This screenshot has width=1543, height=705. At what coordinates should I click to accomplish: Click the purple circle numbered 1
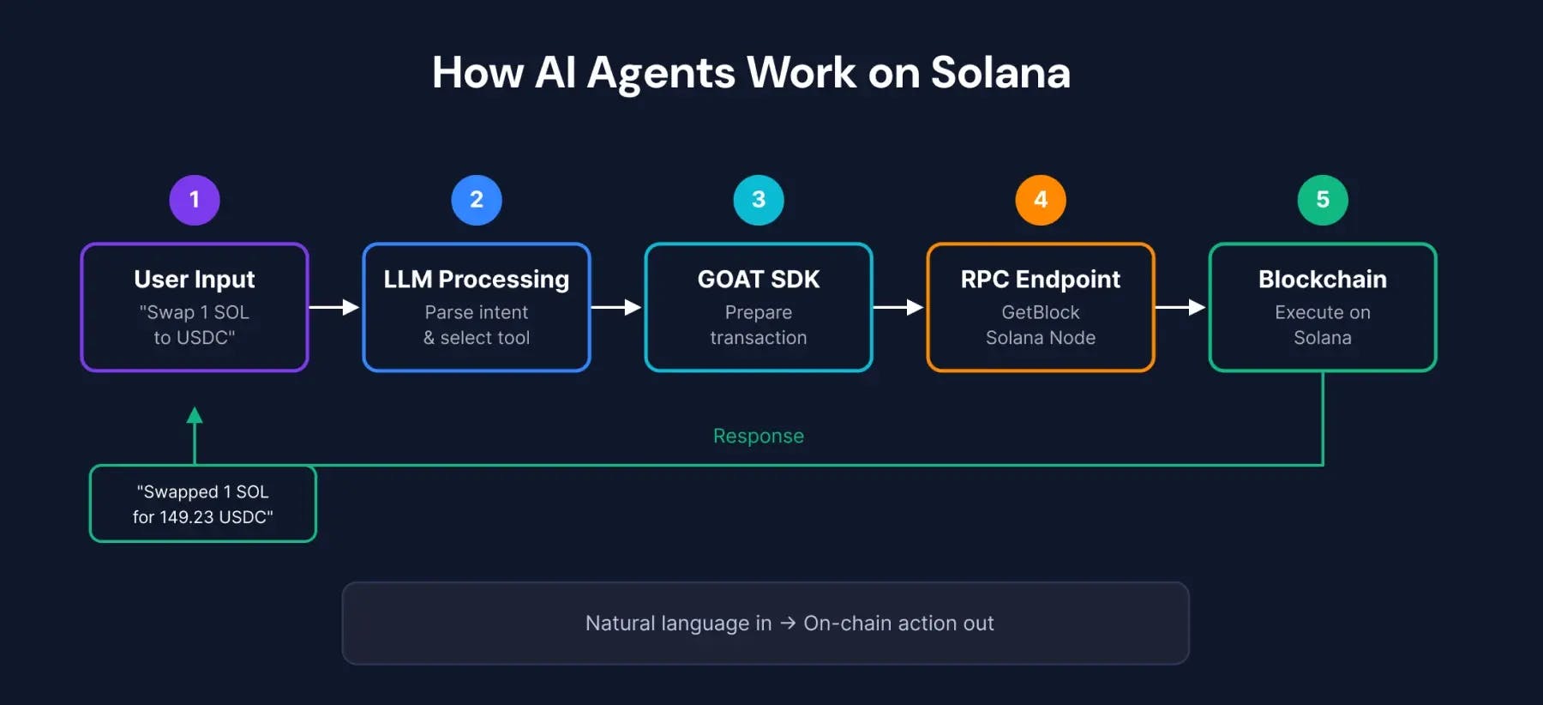pos(195,200)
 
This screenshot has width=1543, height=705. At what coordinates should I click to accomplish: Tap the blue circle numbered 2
pos(477,200)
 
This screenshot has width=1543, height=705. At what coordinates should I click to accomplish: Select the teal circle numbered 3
pos(759,200)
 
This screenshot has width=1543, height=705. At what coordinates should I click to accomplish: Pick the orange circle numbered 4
pos(1041,200)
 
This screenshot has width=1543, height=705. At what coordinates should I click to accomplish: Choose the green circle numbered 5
pos(1323,200)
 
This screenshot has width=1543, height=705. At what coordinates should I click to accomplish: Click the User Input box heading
pos(195,280)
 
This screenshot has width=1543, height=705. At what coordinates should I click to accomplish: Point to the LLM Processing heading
pos(477,280)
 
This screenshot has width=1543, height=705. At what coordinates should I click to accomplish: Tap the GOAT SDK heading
pos(759,280)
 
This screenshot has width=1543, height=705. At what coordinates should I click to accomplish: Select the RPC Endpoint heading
pos(1041,280)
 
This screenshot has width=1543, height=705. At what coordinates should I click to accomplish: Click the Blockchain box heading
pos(1323,280)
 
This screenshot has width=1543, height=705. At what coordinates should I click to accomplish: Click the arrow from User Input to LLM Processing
pos(334,307)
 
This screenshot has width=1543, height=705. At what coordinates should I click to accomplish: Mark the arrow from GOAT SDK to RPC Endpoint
pos(898,307)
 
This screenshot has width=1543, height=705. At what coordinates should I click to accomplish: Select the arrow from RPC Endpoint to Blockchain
pos(1180,307)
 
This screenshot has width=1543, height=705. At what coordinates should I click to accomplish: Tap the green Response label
pos(759,436)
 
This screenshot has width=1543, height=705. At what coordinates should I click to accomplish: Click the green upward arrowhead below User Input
pos(195,416)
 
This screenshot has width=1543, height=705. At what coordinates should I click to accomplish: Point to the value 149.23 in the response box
pos(186,517)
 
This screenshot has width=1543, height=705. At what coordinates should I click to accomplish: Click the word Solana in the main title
pos(1000,73)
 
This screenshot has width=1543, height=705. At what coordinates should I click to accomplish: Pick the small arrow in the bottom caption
pos(788,624)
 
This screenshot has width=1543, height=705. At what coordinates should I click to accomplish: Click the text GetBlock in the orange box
pos(1041,312)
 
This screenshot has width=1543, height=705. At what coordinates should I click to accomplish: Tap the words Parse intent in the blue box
pos(477,312)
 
